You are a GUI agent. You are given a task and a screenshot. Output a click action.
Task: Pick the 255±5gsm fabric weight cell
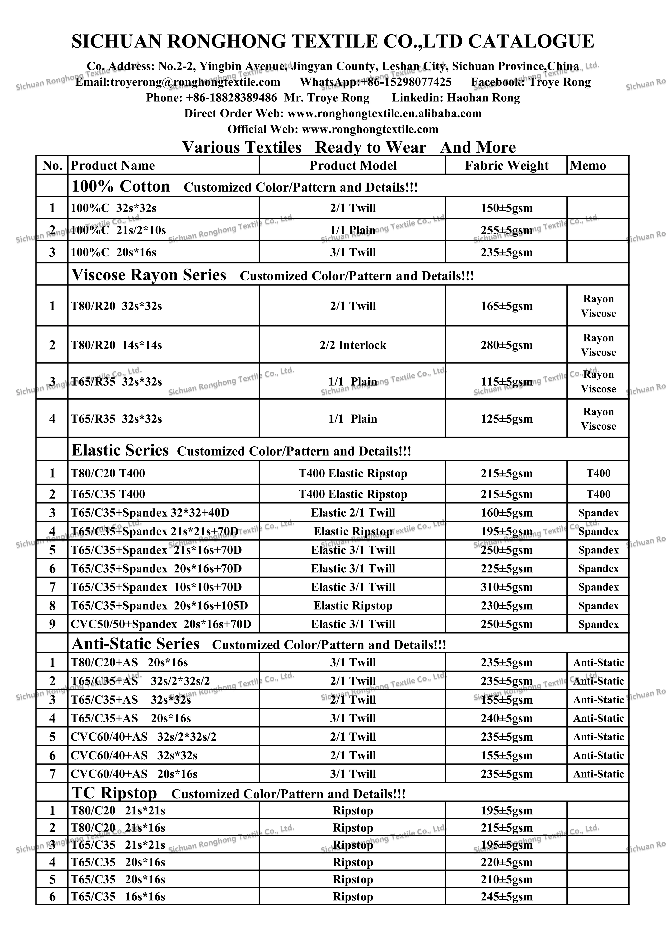[x=506, y=230]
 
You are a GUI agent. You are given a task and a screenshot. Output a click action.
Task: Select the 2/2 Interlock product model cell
[x=353, y=345]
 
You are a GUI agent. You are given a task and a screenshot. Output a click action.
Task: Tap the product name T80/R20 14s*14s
[x=116, y=345]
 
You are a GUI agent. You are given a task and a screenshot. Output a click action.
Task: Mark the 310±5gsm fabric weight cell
[x=506, y=587]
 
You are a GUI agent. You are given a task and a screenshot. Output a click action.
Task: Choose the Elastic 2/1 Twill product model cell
[x=353, y=513]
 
